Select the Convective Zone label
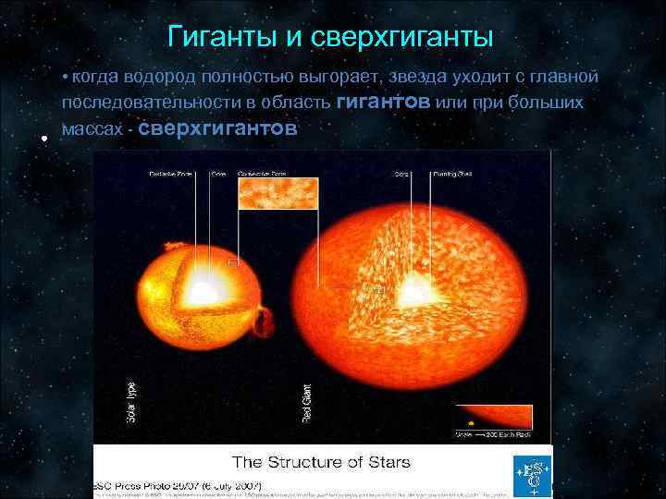coord(261,174)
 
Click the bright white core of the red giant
coord(409,292)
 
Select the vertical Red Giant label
coord(306,404)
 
